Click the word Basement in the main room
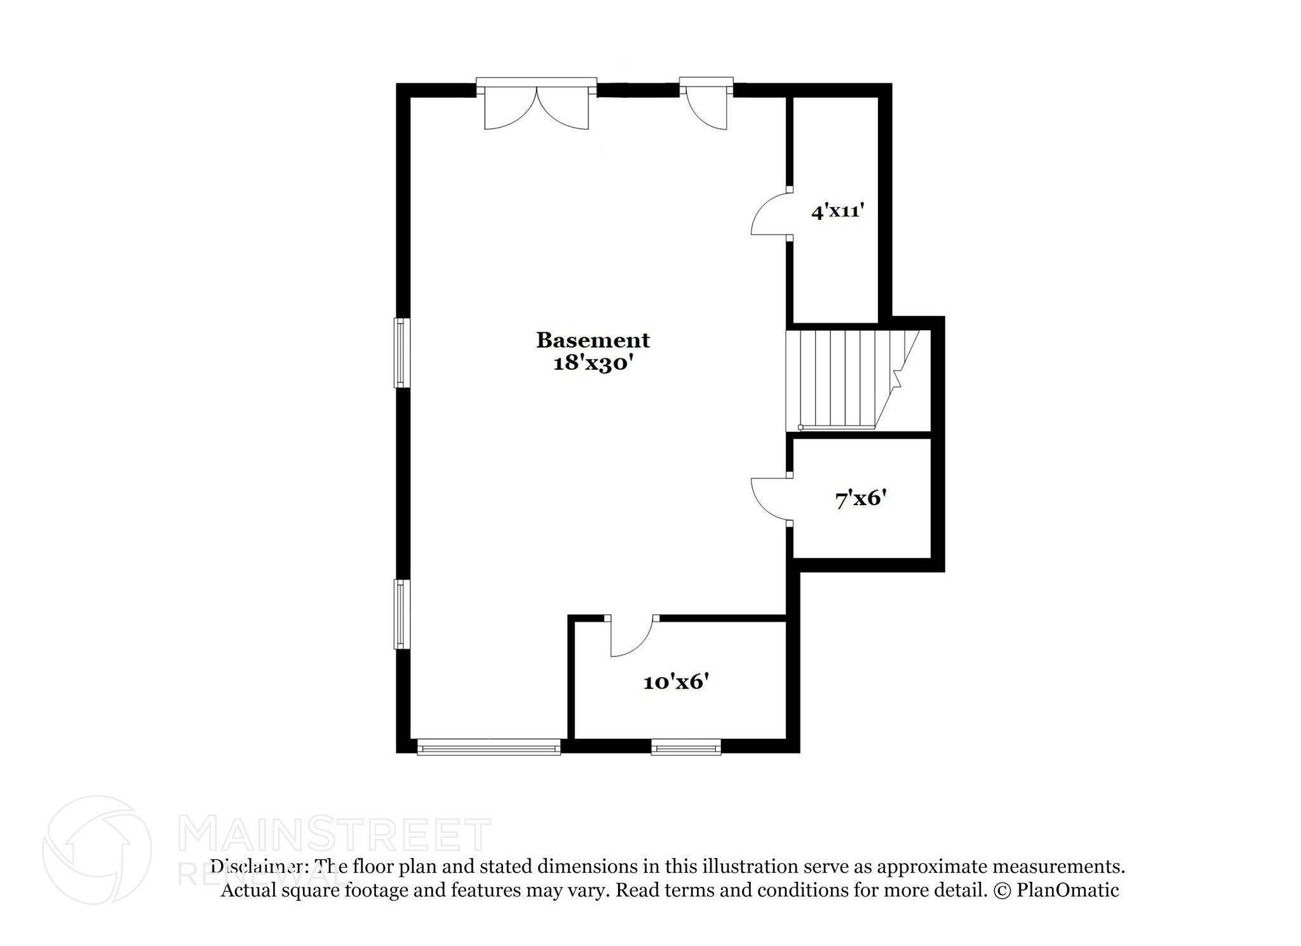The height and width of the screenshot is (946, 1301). point(593,341)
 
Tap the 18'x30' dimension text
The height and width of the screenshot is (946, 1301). point(593,363)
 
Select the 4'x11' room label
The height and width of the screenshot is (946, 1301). point(839,211)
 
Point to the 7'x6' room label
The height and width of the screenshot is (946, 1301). point(861,499)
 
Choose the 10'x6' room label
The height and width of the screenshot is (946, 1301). point(675,682)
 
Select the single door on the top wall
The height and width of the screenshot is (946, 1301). point(706,107)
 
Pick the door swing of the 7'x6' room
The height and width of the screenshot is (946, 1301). point(770,500)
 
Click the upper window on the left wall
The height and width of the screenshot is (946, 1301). point(401,353)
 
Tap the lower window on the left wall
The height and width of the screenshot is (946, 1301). point(401,614)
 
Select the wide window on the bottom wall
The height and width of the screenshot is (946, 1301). point(489,747)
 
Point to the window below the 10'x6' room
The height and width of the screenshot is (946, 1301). point(686,747)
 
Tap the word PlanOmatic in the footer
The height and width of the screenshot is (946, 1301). point(1068,890)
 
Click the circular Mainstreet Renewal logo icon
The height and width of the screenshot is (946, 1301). point(97,849)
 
